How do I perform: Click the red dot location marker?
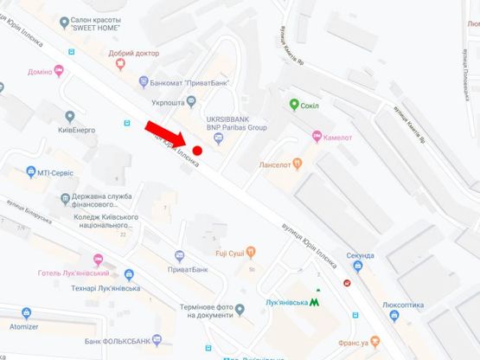[198, 151]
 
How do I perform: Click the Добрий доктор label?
[135, 52]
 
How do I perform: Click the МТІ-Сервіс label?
[58, 172]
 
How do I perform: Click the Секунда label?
[358, 255]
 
